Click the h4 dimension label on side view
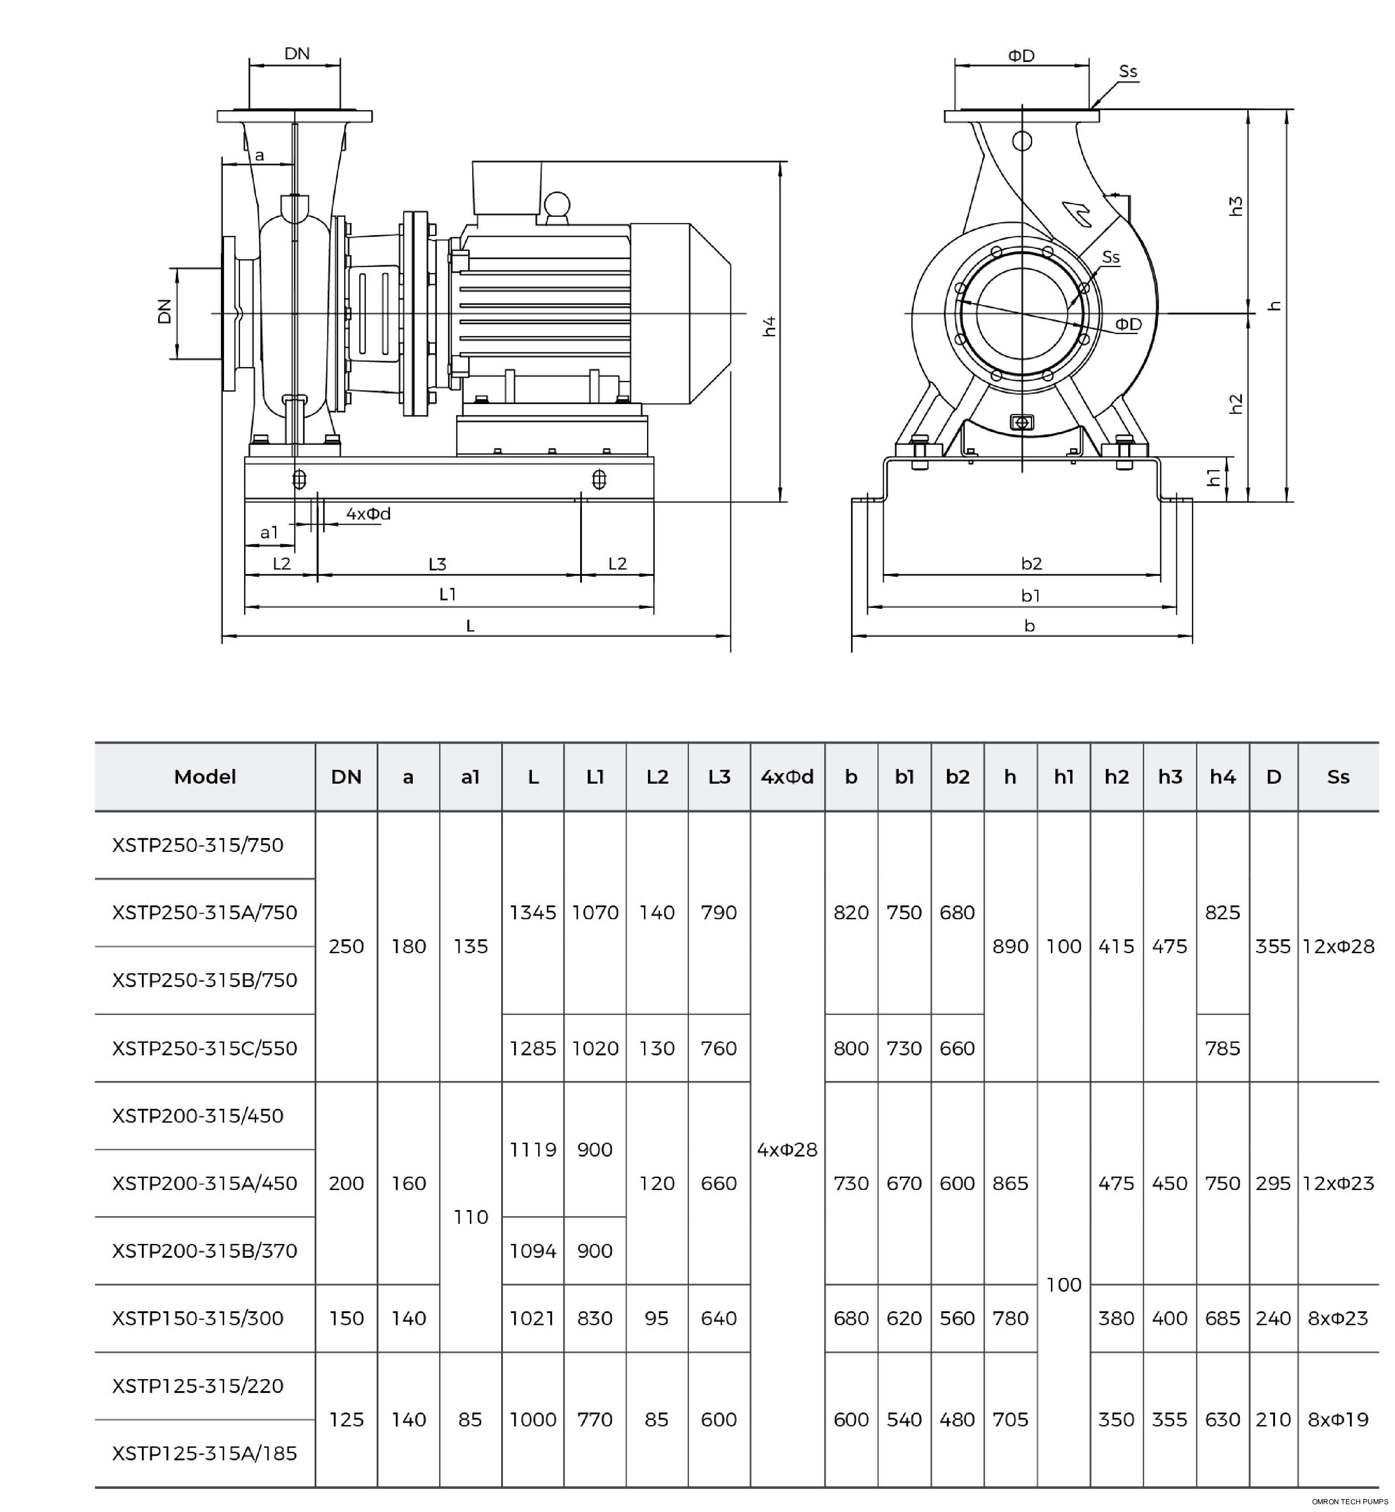pyautogui.click(x=769, y=326)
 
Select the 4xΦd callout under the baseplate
pyautogui.click(x=368, y=514)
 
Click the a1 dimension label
pyautogui.click(x=270, y=533)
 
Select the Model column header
pyautogui.click(x=204, y=777)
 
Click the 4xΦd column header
pyautogui.click(x=787, y=777)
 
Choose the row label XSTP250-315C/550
pyautogui.click(x=204, y=1048)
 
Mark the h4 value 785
pyautogui.click(x=1222, y=1048)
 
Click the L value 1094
pyautogui.click(x=532, y=1251)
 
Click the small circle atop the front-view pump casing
pyautogui.click(x=1022, y=141)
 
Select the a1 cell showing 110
pyautogui.click(x=470, y=1217)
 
